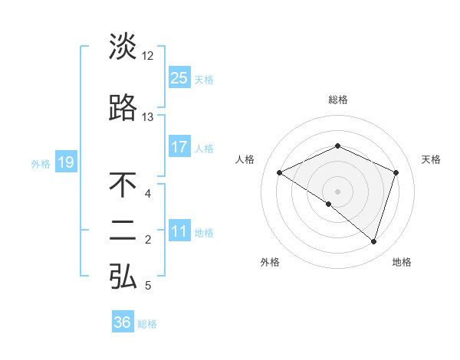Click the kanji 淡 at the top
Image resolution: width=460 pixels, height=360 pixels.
[x=123, y=46]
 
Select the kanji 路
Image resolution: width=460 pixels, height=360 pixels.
[x=123, y=109]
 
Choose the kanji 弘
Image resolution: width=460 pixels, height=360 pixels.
[x=123, y=277]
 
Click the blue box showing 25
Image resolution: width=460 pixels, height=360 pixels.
[x=179, y=77]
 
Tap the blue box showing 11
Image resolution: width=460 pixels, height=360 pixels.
[x=179, y=231]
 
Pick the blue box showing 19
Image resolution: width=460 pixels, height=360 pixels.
[x=65, y=162]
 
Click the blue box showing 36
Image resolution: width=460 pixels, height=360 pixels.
[x=122, y=322]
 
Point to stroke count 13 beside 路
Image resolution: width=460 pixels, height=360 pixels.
[x=148, y=117]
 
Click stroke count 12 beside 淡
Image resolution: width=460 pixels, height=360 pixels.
[x=148, y=55]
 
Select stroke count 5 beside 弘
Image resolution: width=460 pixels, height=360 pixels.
[x=147, y=286]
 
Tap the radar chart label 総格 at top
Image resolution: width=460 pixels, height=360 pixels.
[x=337, y=100]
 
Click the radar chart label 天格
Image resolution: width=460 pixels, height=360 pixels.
[x=431, y=159]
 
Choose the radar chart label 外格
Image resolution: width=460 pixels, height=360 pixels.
[x=270, y=262]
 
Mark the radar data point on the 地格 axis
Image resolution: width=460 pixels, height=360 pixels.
[x=373, y=241]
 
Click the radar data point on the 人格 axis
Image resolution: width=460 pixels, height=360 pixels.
[x=280, y=172]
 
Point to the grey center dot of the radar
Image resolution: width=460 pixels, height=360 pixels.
[x=337, y=191]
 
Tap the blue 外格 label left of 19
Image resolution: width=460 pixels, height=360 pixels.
[x=40, y=163]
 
